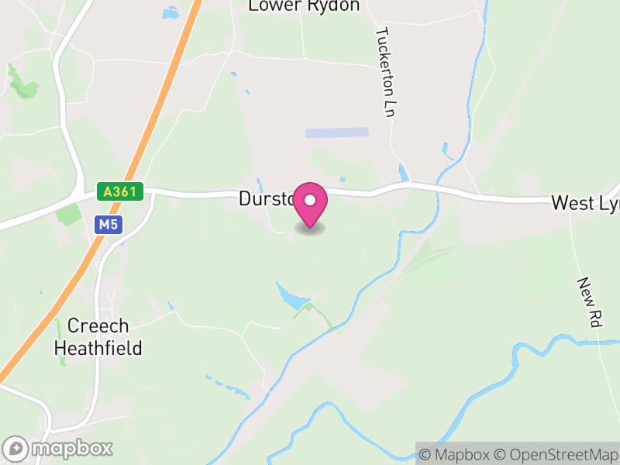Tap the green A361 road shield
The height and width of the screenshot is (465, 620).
tap(121, 191)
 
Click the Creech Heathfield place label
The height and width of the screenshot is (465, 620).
tap(98, 337)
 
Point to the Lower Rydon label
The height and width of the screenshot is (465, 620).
tap(304, 6)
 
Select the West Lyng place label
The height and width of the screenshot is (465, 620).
tap(584, 203)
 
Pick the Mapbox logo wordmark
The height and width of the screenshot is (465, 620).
tap(59, 448)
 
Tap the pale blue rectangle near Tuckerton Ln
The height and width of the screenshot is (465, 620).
tap(336, 133)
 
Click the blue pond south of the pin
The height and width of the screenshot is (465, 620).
tap(290, 296)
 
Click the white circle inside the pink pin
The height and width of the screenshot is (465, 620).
tap(310, 200)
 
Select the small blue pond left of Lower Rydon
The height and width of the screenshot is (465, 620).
tap(170, 13)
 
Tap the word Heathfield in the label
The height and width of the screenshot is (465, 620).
tap(98, 348)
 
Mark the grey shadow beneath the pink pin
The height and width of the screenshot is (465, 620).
tap(310, 229)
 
